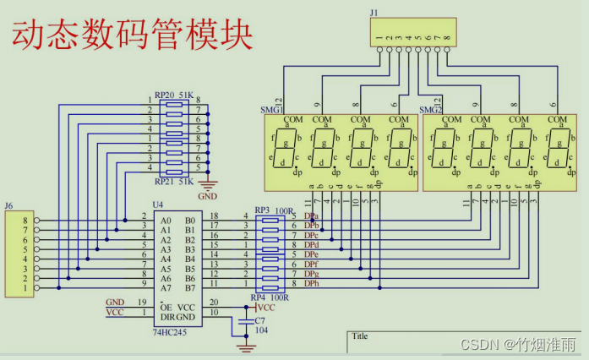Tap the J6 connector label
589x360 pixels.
(x=9, y=205)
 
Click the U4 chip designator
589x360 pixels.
(x=157, y=205)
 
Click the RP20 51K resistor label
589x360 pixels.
(x=174, y=95)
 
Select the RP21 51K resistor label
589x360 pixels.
(x=174, y=181)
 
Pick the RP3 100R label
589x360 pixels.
(x=271, y=210)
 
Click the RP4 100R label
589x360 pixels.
(x=271, y=297)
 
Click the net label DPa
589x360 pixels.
(x=312, y=217)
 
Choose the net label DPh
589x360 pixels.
(x=312, y=284)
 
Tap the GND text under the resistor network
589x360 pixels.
(x=208, y=195)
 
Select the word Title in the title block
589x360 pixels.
(x=361, y=335)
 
